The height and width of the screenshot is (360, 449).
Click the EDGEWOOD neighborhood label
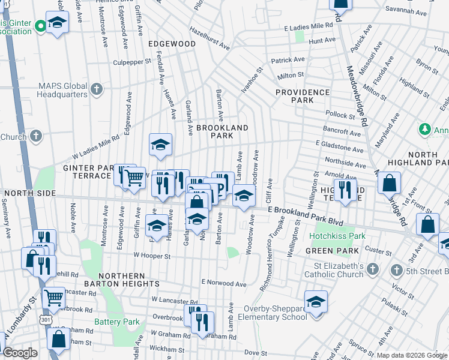172,44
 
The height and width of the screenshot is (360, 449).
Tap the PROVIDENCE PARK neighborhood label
303,96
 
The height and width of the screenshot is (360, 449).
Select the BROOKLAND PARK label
222,131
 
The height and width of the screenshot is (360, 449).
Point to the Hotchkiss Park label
337,236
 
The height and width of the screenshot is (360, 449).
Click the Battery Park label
116,322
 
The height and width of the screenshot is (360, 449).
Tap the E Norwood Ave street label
224,283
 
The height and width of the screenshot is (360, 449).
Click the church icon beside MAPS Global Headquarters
96,90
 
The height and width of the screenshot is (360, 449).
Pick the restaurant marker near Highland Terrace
345,190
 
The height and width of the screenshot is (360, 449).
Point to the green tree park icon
424,129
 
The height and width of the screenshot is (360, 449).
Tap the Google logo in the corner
20,353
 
